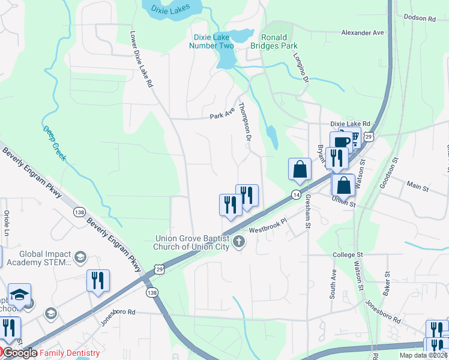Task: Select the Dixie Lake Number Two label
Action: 211,41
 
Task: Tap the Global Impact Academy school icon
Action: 80,258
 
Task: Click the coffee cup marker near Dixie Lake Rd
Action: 341,142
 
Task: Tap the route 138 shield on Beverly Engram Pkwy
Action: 79,212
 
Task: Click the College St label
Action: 348,255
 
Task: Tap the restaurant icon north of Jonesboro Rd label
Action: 98,280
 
